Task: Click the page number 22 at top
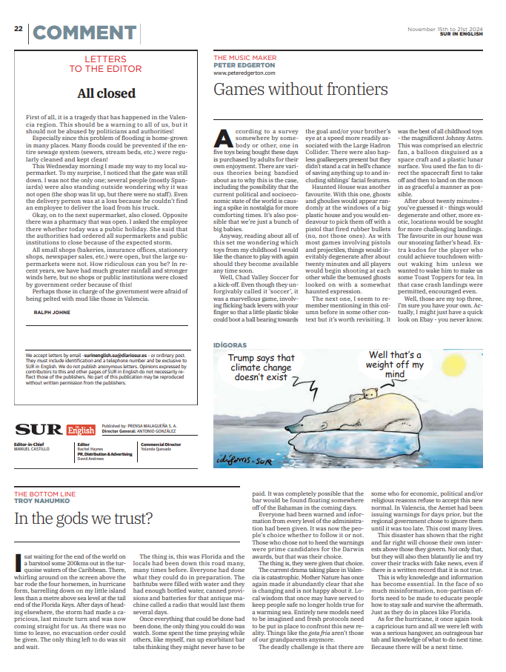[x=18, y=28]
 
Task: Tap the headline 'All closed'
[x=107, y=93]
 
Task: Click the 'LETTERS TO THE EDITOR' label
[x=107, y=63]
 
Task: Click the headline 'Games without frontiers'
[x=300, y=90]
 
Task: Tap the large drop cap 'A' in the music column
[x=224, y=138]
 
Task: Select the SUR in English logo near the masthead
[x=56, y=430]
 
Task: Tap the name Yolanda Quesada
[x=157, y=449]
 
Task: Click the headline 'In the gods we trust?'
[x=84, y=518]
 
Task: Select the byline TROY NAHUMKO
[x=44, y=502]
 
